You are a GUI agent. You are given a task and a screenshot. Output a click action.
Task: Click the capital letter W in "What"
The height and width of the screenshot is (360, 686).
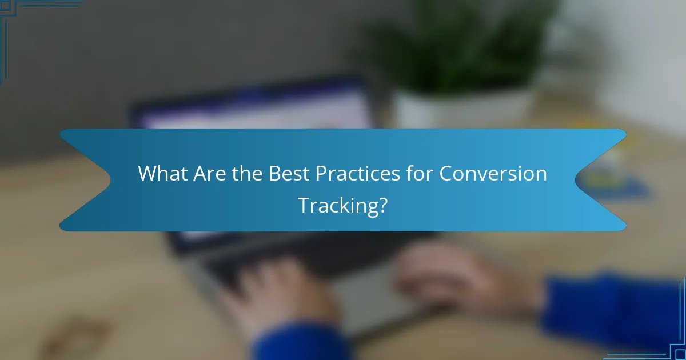(146, 174)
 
